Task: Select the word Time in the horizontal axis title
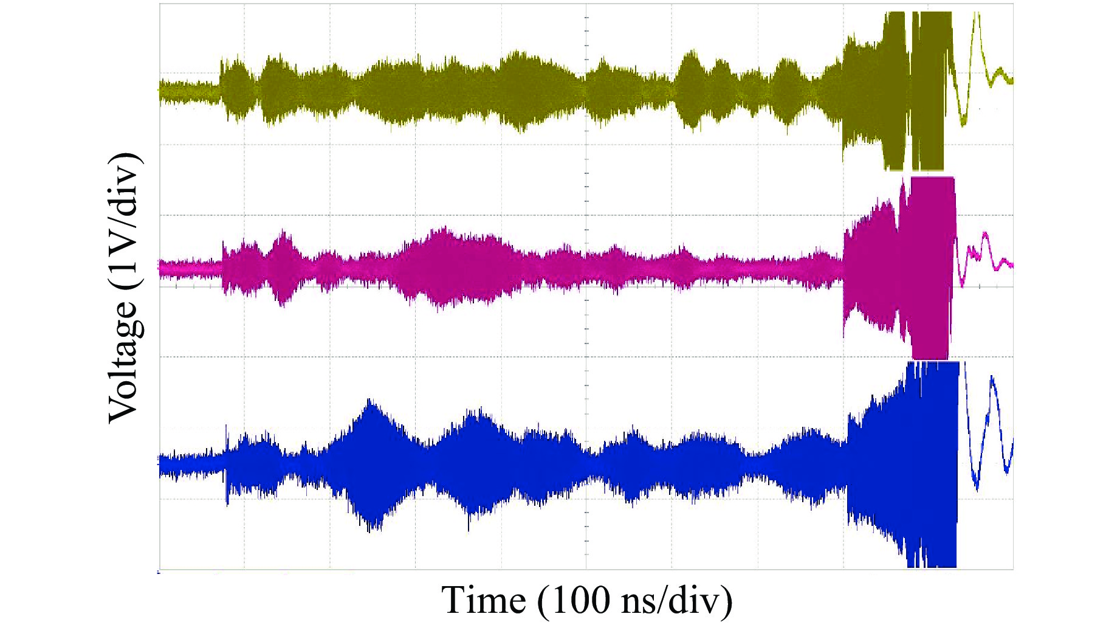coord(483,601)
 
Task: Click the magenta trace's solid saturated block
coord(930,268)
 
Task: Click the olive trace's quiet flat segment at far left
coord(188,91)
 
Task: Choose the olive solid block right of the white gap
coord(931,91)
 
